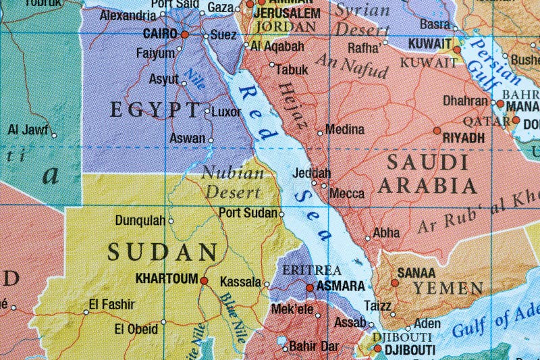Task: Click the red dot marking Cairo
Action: click(x=184, y=33)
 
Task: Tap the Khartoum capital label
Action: click(x=166, y=278)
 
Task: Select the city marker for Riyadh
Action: click(x=437, y=130)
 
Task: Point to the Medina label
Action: click(x=344, y=129)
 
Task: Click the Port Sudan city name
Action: click(x=248, y=212)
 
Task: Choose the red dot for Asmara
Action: click(x=310, y=287)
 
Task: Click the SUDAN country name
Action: click(x=163, y=253)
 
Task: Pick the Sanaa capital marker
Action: click(x=394, y=282)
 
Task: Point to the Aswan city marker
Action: click(x=211, y=140)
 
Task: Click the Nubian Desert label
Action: click(x=233, y=181)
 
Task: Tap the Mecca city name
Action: click(x=347, y=193)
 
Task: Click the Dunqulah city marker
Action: click(x=170, y=220)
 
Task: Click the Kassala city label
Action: click(x=240, y=282)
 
